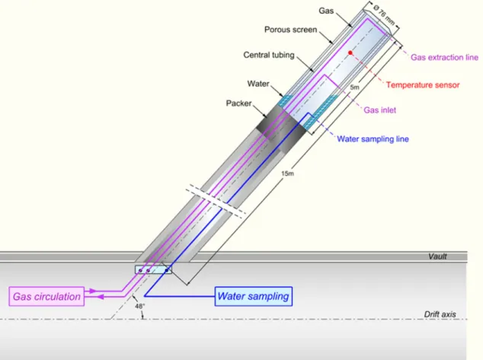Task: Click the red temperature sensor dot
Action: coord(350,53)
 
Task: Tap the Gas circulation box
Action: coord(46,296)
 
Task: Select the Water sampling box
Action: coord(254,296)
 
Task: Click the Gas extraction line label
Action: coord(444,58)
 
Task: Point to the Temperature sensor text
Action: coord(423,85)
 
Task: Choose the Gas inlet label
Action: coord(380,110)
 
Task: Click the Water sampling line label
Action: coord(373,139)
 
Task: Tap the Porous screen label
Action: coord(291,30)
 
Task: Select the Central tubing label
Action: coord(269,55)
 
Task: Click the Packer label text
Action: coord(238,103)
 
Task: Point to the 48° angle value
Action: coord(139,306)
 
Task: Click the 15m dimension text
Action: coord(287,174)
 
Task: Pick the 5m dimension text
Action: coord(354,88)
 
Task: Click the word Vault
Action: coord(437,256)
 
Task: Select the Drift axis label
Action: coord(440,314)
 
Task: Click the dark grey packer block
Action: coord(281,129)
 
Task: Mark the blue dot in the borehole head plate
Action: coord(167,270)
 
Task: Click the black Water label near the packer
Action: coord(258,84)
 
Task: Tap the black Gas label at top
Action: coord(326,11)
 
